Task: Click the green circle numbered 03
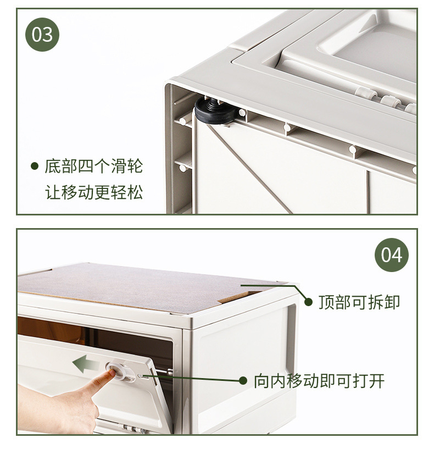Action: [x=42, y=35]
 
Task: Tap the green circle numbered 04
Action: [x=391, y=255]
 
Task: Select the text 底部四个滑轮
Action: [x=93, y=166]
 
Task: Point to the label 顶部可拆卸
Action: [x=359, y=302]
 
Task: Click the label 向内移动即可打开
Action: [x=319, y=380]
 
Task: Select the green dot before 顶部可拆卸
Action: [x=308, y=302]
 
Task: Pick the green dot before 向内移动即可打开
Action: [x=243, y=380]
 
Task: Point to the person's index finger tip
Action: [x=112, y=374]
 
